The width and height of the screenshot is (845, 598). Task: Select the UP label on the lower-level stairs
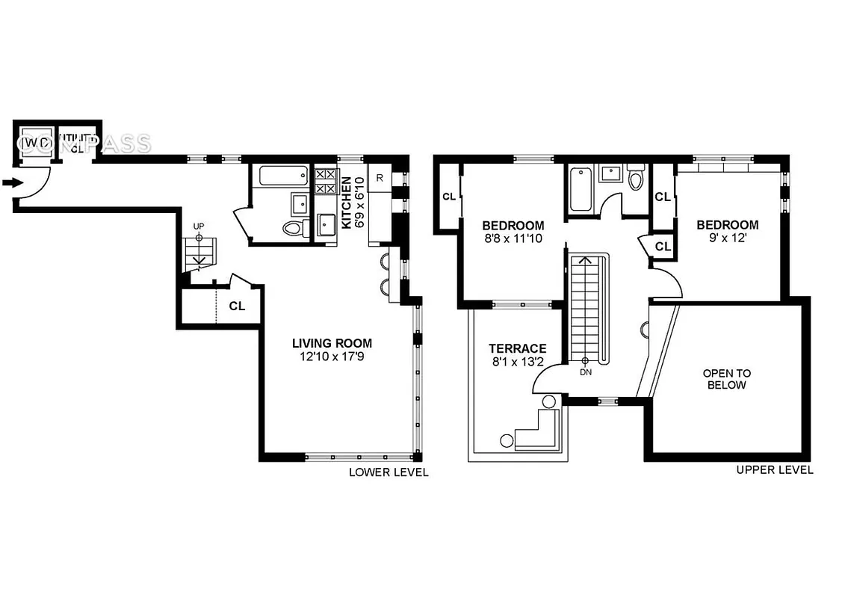(199, 225)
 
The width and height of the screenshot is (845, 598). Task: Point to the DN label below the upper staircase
(585, 372)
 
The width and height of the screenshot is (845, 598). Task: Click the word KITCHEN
(346, 203)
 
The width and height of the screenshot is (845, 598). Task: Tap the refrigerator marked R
(380, 178)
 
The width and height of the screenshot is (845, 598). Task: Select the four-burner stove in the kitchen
(326, 182)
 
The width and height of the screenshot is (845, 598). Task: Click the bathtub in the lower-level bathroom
(283, 176)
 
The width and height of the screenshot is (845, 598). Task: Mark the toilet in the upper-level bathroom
(636, 179)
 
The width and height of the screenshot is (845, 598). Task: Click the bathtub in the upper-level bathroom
(581, 190)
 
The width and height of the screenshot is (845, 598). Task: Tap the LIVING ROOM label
(332, 344)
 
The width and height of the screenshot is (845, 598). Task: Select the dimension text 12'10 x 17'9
(332, 357)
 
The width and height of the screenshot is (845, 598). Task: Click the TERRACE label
(517, 348)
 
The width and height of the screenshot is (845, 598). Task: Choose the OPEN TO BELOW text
(726, 379)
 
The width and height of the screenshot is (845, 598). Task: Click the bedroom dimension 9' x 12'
(727, 238)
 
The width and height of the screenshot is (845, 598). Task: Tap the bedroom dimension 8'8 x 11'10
(513, 239)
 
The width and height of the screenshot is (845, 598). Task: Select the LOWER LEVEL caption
(389, 472)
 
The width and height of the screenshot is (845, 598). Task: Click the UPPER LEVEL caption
(774, 470)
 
